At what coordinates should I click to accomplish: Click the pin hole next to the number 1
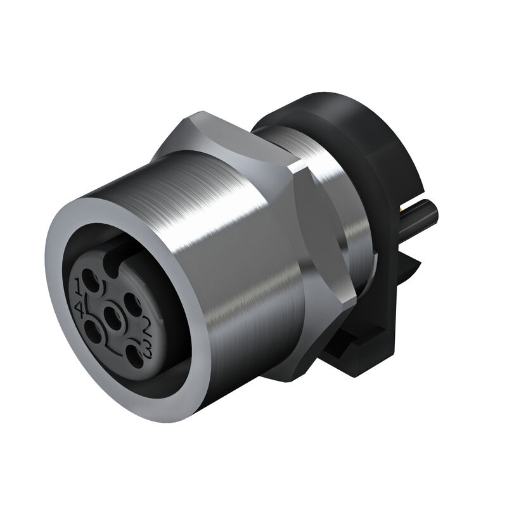[93, 280]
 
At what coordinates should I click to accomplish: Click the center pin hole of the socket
[113, 313]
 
